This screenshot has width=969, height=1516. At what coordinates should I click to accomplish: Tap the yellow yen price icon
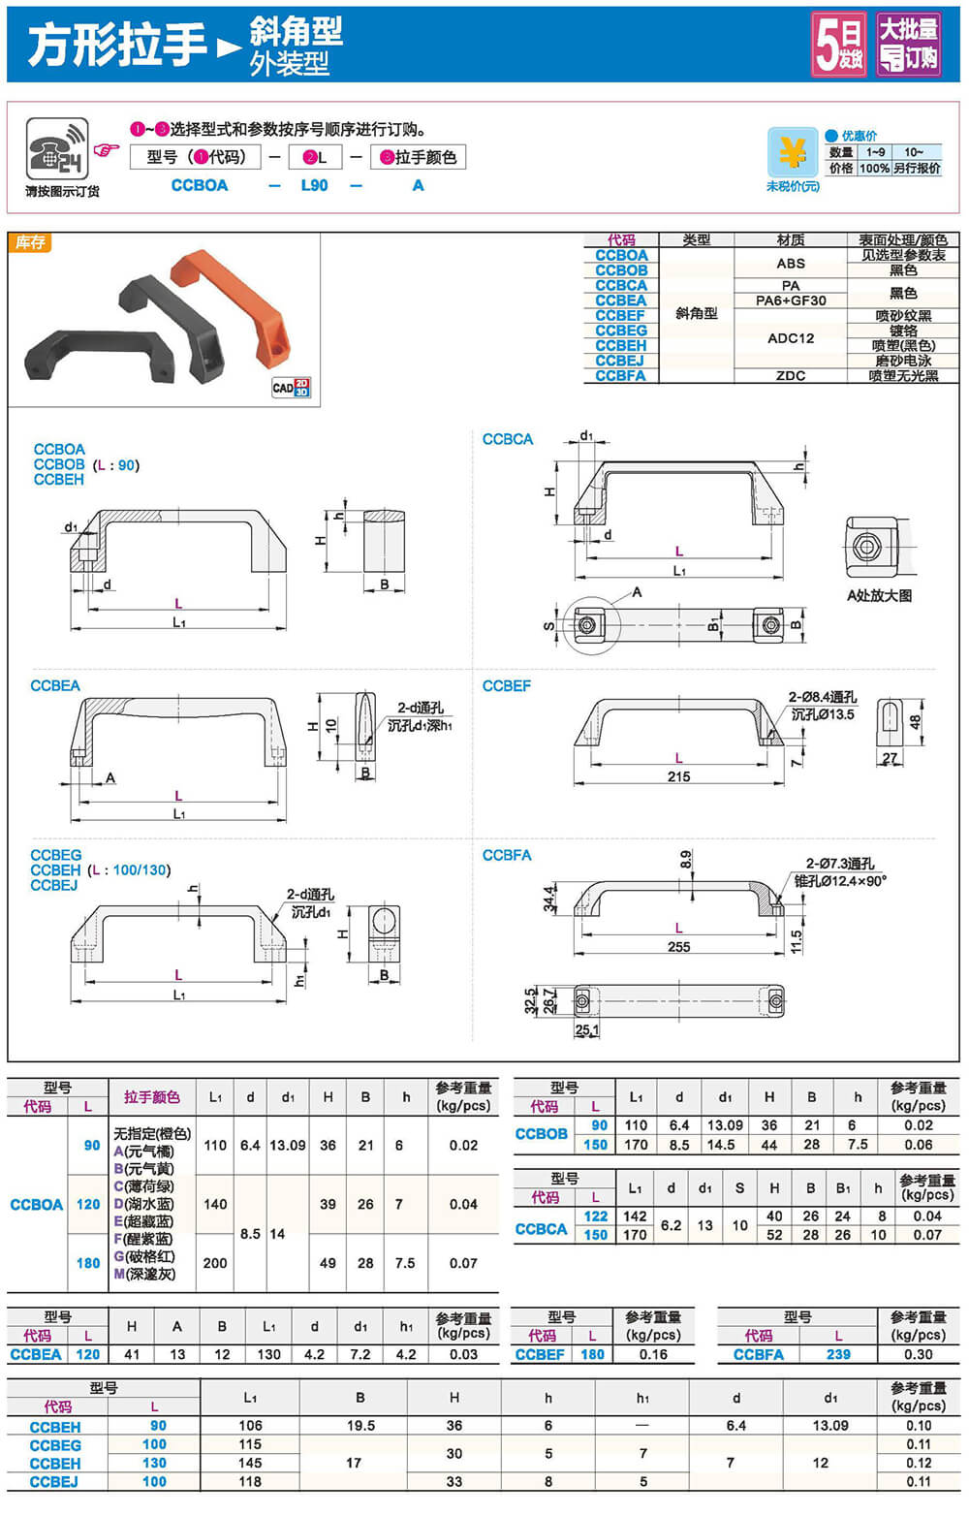[793, 152]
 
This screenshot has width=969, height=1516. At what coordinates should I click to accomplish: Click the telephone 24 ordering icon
[57, 149]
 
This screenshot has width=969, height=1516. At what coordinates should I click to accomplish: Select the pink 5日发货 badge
[839, 45]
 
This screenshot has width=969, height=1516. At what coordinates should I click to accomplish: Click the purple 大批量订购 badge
[909, 45]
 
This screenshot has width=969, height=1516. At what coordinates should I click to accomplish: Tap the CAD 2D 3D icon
[291, 388]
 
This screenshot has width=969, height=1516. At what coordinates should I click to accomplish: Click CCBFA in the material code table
[620, 375]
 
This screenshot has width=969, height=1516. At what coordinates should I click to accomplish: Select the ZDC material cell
[791, 375]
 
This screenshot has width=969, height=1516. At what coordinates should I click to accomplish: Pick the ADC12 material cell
[791, 338]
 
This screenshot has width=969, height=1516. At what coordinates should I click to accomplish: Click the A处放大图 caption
[879, 595]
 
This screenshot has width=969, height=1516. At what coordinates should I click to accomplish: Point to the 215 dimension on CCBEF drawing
[678, 776]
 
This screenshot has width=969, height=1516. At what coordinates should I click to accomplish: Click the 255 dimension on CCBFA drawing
[678, 946]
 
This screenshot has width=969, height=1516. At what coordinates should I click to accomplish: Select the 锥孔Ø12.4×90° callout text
[840, 881]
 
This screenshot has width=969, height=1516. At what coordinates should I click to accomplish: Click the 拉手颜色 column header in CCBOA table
[151, 1096]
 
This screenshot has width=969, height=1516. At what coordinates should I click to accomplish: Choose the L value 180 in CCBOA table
[88, 1263]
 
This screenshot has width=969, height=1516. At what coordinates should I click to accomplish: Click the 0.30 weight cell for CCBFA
[918, 1354]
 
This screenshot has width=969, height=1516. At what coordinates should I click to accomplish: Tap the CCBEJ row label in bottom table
[54, 1481]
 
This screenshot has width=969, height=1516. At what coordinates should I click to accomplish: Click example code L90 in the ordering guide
[314, 185]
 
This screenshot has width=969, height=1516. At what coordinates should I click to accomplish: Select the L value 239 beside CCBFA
[838, 1354]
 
